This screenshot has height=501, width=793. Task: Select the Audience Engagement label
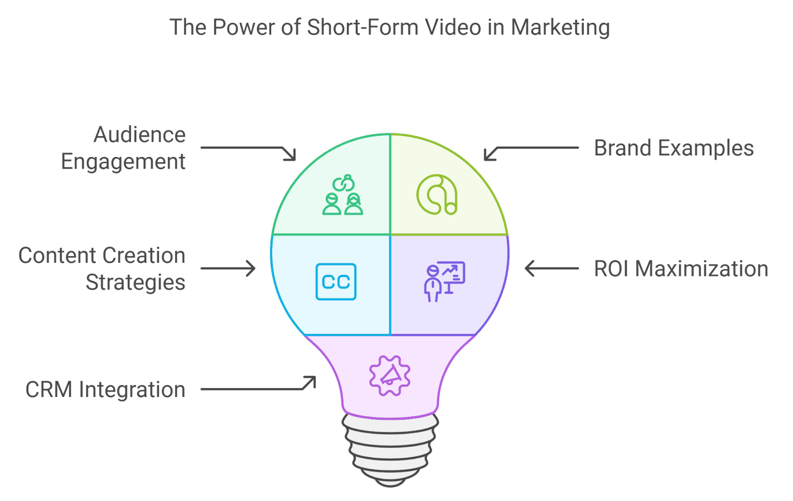click(124, 148)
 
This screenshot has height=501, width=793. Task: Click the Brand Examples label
click(674, 148)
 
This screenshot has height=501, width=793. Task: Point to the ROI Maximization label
click(681, 269)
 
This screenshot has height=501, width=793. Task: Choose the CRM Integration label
click(105, 390)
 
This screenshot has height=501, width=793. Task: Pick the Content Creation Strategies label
click(102, 269)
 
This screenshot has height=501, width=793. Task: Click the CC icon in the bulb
click(336, 282)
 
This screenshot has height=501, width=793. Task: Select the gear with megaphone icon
click(390, 376)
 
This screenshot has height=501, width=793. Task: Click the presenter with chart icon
click(445, 281)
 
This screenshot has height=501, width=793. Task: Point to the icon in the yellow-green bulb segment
click(437, 195)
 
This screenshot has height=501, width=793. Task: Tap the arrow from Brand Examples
click(530, 151)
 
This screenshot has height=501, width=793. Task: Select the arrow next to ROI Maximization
click(552, 269)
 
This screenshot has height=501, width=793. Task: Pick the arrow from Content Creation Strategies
click(228, 269)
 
